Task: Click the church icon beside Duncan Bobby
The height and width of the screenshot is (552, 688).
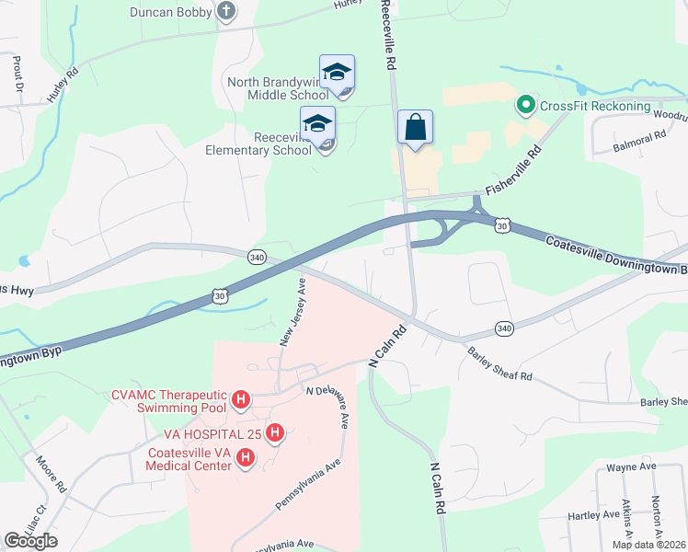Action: [226, 12]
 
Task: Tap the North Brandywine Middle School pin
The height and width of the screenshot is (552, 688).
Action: [337, 73]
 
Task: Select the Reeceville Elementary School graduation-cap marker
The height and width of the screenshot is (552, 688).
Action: [318, 124]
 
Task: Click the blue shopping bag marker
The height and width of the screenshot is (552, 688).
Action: [415, 128]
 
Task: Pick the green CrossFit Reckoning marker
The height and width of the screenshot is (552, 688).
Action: [526, 105]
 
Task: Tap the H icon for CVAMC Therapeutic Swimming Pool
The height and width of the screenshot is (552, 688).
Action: [241, 399]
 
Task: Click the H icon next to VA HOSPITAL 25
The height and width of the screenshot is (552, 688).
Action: [274, 432]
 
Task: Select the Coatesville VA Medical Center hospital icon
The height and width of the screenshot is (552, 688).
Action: [246, 457]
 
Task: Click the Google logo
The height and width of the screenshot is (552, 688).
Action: [30, 541]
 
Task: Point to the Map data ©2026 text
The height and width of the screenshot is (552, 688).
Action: [648, 545]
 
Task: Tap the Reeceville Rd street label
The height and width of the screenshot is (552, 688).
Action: [390, 37]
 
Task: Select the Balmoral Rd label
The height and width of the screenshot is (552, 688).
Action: [642, 138]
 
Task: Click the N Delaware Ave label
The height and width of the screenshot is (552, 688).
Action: [328, 405]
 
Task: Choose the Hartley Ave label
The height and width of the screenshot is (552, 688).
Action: [590, 516]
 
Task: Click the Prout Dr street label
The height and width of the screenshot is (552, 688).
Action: [17, 75]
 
